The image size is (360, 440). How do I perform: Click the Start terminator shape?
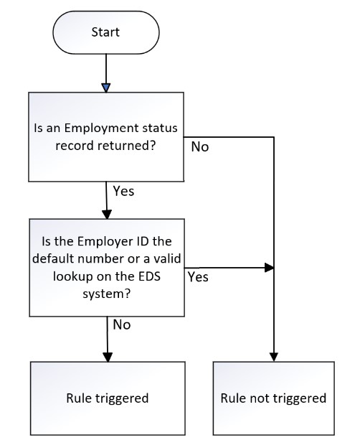coord(106,32)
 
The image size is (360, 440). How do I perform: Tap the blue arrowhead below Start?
coord(106,88)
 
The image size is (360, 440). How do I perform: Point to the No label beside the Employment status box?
coord(200,146)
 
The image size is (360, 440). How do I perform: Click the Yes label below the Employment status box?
coord(123,192)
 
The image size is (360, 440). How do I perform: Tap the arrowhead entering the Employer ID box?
coord(107,215)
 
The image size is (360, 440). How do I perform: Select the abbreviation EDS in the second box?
coord(149,276)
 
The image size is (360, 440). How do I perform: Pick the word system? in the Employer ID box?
coord(107,294)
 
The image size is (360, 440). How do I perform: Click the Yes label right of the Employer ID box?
coord(198,277)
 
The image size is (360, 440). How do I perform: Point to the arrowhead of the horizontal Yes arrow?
coord(269,268)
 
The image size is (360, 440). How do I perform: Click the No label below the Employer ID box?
coord(122,325)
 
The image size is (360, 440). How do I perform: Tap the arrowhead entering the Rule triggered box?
coord(108,357)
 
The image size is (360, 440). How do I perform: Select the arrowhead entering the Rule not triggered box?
coord(274,357)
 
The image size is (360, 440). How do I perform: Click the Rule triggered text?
coord(108,398)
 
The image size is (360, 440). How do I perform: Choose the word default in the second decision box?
coord(53,258)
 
